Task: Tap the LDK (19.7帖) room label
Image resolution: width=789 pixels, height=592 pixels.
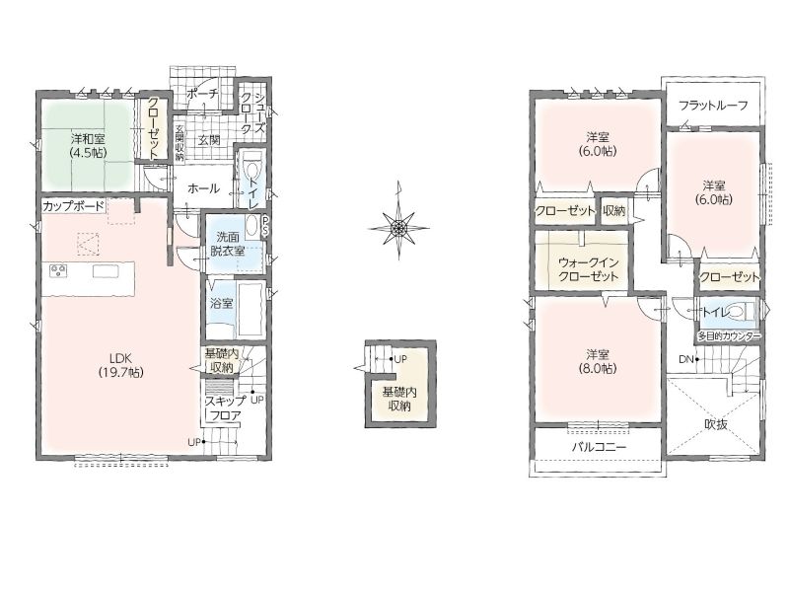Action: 120,365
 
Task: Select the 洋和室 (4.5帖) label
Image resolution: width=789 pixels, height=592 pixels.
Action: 88,145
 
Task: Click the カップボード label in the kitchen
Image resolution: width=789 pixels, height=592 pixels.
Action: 73,206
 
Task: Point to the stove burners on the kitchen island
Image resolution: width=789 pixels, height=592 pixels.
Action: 58,271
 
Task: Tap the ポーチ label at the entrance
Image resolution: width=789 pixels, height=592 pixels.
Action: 202,94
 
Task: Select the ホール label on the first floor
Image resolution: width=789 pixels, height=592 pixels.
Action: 204,188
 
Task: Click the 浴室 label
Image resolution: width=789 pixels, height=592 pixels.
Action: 221,304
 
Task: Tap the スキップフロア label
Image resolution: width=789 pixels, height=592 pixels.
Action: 226,408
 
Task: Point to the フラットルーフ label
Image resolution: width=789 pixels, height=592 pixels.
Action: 713,106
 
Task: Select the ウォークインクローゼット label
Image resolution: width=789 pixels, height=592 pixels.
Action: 589,269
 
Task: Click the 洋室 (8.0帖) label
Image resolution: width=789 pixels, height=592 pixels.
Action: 602,361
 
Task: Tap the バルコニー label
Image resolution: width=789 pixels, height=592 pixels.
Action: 599,447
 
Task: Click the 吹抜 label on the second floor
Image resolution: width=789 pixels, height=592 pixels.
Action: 716,424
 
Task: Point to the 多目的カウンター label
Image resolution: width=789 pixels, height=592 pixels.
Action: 728,336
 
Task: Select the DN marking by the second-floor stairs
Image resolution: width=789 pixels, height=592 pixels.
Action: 685,359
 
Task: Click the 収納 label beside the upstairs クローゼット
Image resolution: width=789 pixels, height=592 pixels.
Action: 613,210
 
